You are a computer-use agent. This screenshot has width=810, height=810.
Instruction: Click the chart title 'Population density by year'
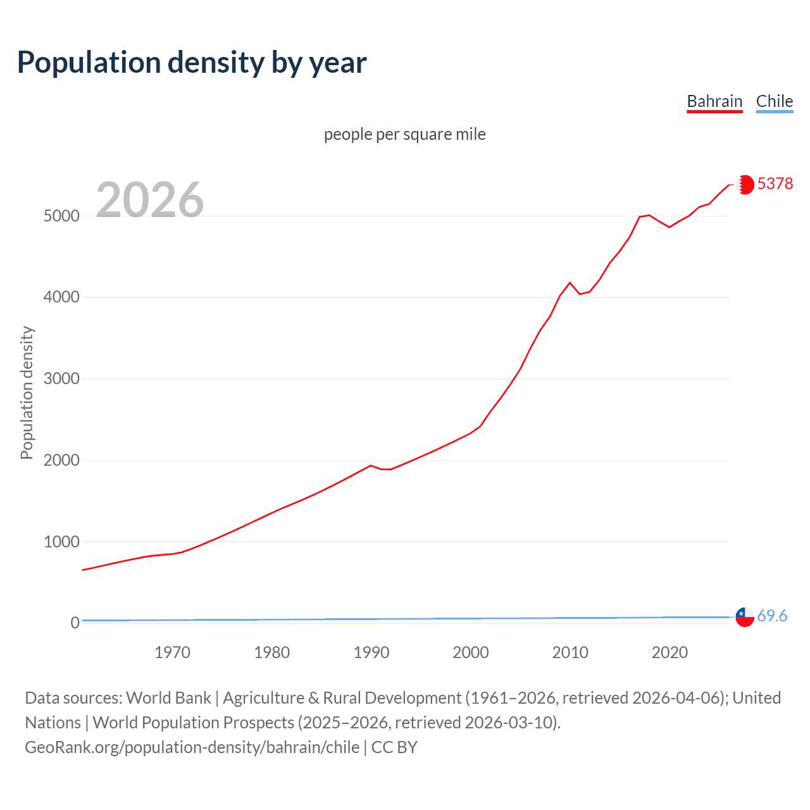coord(192,63)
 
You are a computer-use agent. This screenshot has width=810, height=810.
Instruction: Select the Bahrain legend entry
coord(714,101)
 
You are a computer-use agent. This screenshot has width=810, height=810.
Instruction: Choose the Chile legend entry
coord(774,101)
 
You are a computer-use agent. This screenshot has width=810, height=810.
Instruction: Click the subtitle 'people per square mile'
coord(404,134)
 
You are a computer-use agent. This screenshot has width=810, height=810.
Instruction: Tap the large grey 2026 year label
coord(150,200)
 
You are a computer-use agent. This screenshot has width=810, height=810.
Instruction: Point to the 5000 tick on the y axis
coord(61,216)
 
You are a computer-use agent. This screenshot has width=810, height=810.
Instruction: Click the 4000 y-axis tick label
coord(61,297)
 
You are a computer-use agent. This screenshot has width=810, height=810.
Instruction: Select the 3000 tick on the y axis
coord(61,378)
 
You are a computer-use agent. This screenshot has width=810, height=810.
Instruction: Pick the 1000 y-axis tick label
coord(61,542)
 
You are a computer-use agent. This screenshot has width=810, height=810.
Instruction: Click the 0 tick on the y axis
coord(75,623)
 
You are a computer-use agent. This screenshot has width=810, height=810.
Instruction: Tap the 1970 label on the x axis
coord(172,652)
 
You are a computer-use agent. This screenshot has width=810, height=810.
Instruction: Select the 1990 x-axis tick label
coord(371,652)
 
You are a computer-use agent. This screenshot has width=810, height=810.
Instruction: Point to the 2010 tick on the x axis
coord(570,652)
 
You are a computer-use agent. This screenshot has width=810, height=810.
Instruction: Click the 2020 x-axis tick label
coord(670,652)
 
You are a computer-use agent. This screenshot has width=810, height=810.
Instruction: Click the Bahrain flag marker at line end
coord(745,184)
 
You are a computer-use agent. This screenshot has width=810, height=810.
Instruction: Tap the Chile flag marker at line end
coord(745,616)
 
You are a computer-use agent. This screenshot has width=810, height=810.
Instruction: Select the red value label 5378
coord(775,184)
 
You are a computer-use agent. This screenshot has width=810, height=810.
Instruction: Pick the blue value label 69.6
coord(772,616)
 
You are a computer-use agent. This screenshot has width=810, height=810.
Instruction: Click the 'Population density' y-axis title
coord(27,392)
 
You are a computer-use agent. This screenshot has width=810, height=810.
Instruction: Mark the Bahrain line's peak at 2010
coord(570,282)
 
